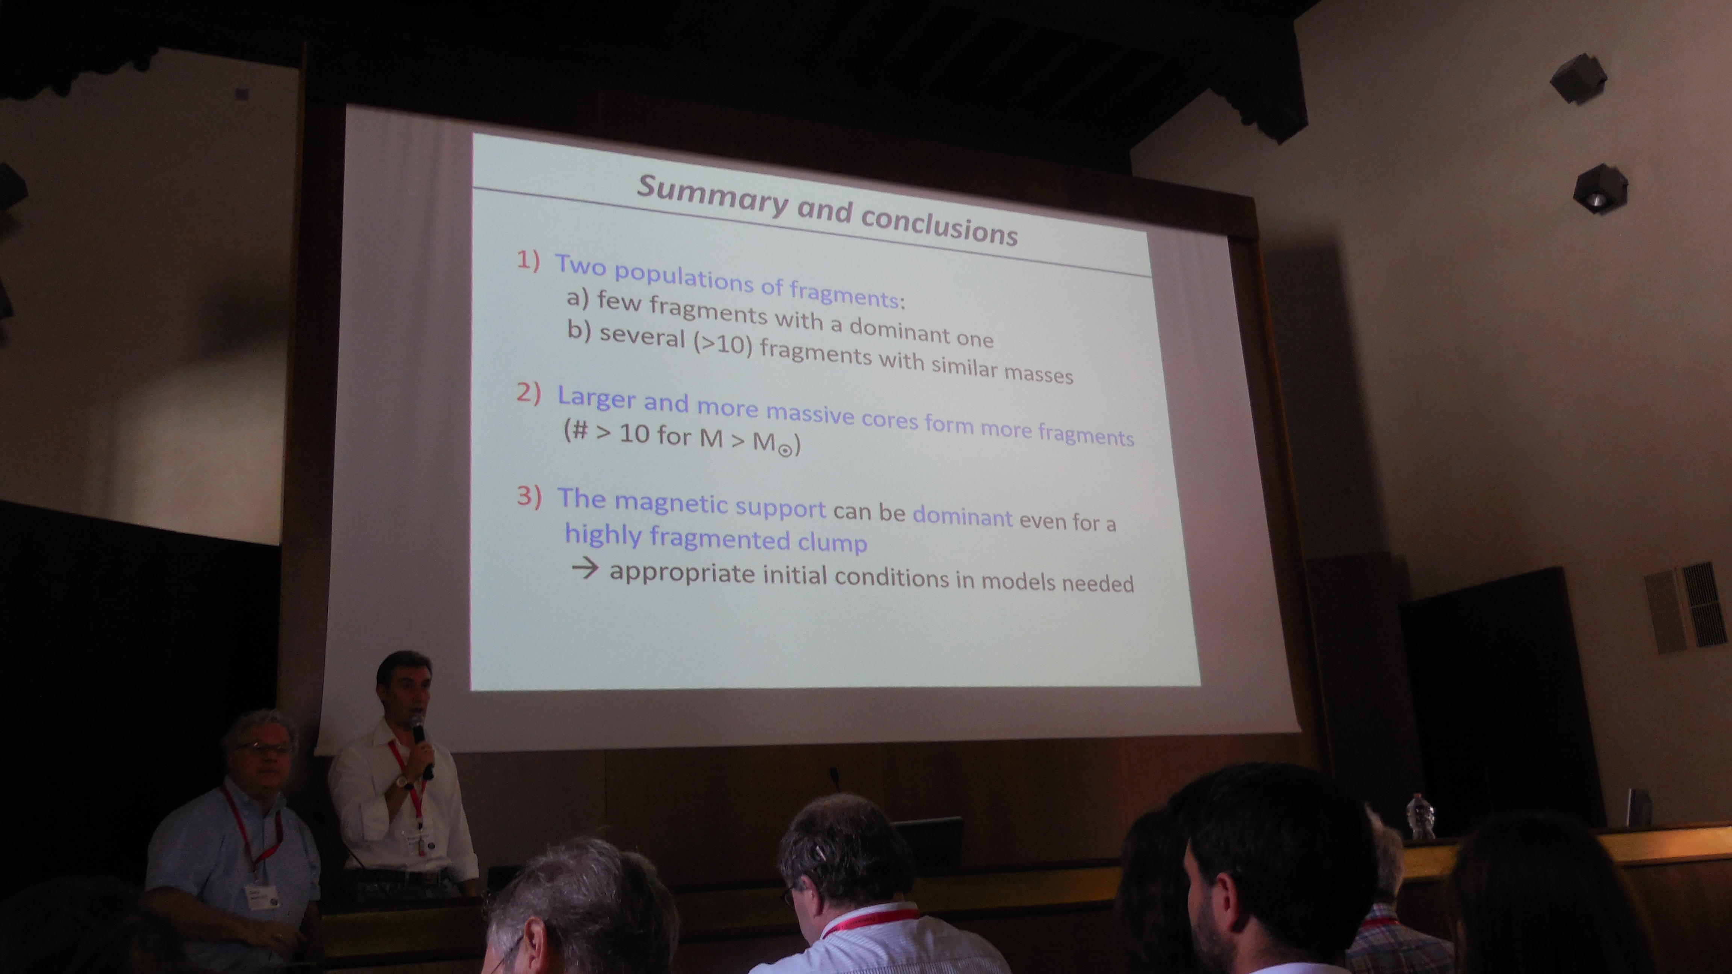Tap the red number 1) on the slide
pyautogui.click(x=528, y=261)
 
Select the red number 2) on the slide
pyautogui.click(x=528, y=393)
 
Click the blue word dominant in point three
pyautogui.click(x=962, y=516)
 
